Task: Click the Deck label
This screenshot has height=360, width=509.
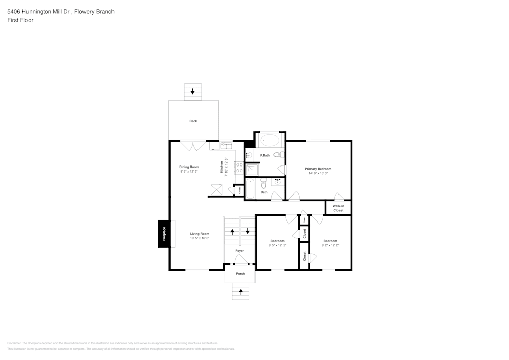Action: click(193, 121)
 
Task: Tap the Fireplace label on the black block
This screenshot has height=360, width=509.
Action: click(164, 234)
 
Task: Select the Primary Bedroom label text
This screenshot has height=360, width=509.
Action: click(318, 169)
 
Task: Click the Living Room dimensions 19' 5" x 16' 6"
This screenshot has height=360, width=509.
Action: click(200, 238)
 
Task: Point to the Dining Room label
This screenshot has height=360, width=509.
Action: click(189, 167)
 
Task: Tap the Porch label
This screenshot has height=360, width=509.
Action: click(240, 274)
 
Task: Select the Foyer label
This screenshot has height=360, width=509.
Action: click(239, 251)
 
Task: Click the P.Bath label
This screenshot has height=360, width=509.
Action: click(265, 155)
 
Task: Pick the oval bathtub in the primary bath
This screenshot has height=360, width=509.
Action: click(269, 140)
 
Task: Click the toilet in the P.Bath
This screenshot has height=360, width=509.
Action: click(278, 155)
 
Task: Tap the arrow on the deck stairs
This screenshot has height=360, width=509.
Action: click(192, 92)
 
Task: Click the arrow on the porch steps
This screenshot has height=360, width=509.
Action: click(240, 292)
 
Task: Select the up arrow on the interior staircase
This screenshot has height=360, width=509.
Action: click(233, 232)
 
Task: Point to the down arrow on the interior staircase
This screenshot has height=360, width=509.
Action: click(248, 231)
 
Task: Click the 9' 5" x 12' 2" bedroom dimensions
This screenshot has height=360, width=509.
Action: click(277, 245)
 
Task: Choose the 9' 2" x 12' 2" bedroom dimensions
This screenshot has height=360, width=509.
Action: click(330, 245)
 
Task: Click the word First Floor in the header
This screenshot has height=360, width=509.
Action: click(20, 20)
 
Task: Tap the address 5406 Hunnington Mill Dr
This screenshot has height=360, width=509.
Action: click(39, 11)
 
